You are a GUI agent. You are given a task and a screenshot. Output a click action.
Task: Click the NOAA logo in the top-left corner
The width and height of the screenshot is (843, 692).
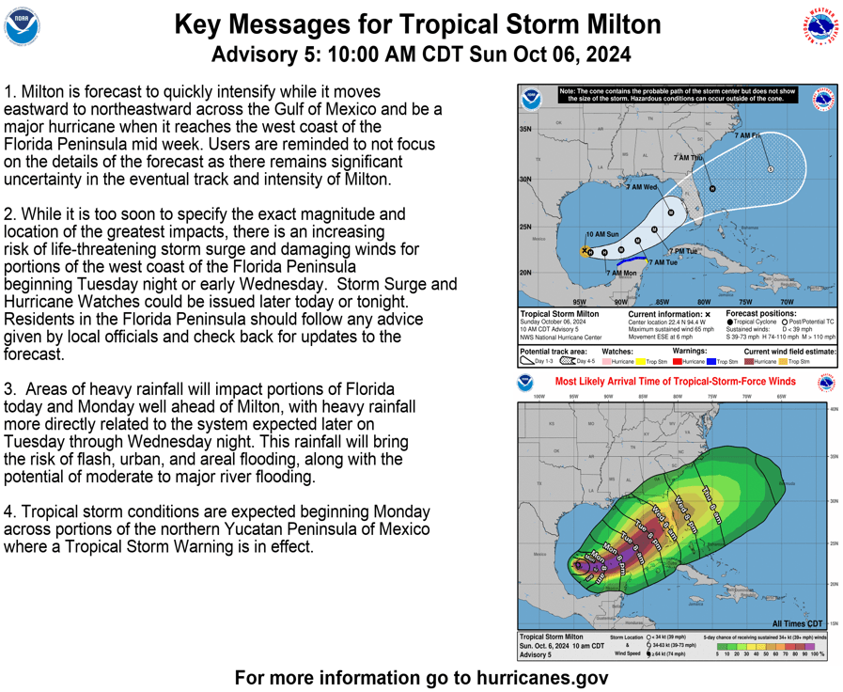[x=22, y=27]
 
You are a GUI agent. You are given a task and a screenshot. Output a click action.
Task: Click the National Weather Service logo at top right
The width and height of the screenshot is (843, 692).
[x=820, y=27]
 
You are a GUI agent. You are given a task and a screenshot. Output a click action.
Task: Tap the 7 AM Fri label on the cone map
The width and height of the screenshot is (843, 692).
[x=747, y=136]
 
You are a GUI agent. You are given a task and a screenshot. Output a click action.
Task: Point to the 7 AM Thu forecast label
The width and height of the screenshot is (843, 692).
[x=688, y=159]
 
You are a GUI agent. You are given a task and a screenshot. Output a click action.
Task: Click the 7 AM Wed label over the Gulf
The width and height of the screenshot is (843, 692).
[x=641, y=188]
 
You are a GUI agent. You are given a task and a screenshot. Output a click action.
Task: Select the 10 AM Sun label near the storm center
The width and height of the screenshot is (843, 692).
[x=602, y=234]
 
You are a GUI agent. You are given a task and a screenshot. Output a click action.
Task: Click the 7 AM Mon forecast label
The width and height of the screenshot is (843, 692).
[x=621, y=274]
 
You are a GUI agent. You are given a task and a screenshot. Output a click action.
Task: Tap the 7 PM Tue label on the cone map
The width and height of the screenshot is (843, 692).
[x=683, y=251]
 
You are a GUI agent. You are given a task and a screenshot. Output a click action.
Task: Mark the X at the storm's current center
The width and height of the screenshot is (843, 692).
[x=585, y=251]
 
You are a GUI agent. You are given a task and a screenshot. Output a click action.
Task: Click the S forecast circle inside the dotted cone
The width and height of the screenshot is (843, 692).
[x=771, y=169]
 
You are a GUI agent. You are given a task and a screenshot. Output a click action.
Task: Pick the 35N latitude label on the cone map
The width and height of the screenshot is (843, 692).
[x=525, y=130]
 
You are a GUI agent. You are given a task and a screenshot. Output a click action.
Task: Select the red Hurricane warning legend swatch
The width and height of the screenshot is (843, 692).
[x=679, y=362]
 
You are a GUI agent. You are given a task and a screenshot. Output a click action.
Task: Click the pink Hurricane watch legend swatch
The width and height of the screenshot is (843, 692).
[x=607, y=362]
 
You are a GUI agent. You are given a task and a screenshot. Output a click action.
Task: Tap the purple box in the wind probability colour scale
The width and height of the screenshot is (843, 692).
[x=810, y=647]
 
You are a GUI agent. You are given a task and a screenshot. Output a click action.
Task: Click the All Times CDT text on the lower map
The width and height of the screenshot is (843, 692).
[x=797, y=624]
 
